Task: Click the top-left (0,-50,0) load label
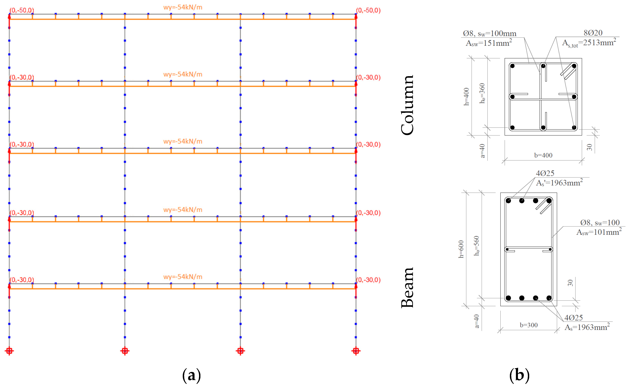tap(22, 10)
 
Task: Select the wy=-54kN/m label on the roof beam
tap(183, 7)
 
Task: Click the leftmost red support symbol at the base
tap(9, 351)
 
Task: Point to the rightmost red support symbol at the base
tap(356, 351)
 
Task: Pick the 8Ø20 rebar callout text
tap(593, 33)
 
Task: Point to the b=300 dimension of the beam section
tap(528, 325)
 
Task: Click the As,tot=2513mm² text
tap(589, 43)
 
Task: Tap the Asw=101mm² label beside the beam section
tap(599, 232)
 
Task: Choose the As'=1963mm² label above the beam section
tap(559, 183)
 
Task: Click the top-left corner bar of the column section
tap(512, 66)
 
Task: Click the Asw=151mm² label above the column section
tap(488, 43)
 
